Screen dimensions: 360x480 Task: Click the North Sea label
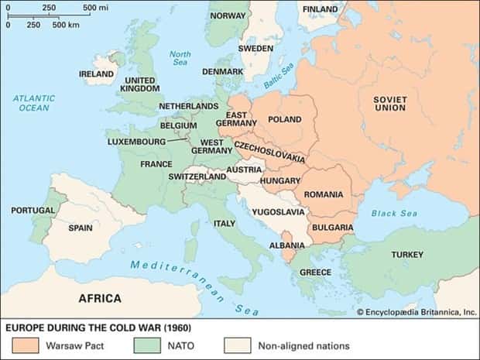point(180,58)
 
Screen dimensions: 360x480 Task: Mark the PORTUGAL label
point(33,210)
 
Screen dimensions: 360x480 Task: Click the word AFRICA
point(100,298)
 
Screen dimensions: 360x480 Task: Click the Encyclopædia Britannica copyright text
point(416,312)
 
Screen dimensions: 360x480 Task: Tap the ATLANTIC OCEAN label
point(33,103)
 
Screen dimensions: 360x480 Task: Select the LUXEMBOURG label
point(135,142)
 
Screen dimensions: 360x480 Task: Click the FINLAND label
point(320,9)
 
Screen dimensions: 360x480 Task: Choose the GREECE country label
point(315,273)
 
